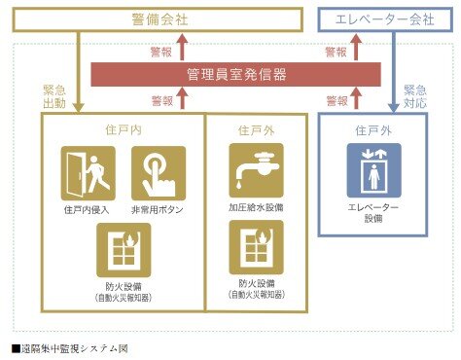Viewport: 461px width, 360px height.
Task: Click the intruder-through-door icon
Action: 88,172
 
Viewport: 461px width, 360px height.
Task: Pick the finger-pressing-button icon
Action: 158,172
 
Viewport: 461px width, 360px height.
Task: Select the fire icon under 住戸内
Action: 123,246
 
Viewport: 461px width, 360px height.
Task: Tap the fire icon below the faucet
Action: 256,246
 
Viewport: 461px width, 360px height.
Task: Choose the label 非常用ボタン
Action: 158,208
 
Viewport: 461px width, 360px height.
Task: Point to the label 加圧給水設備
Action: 256,206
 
